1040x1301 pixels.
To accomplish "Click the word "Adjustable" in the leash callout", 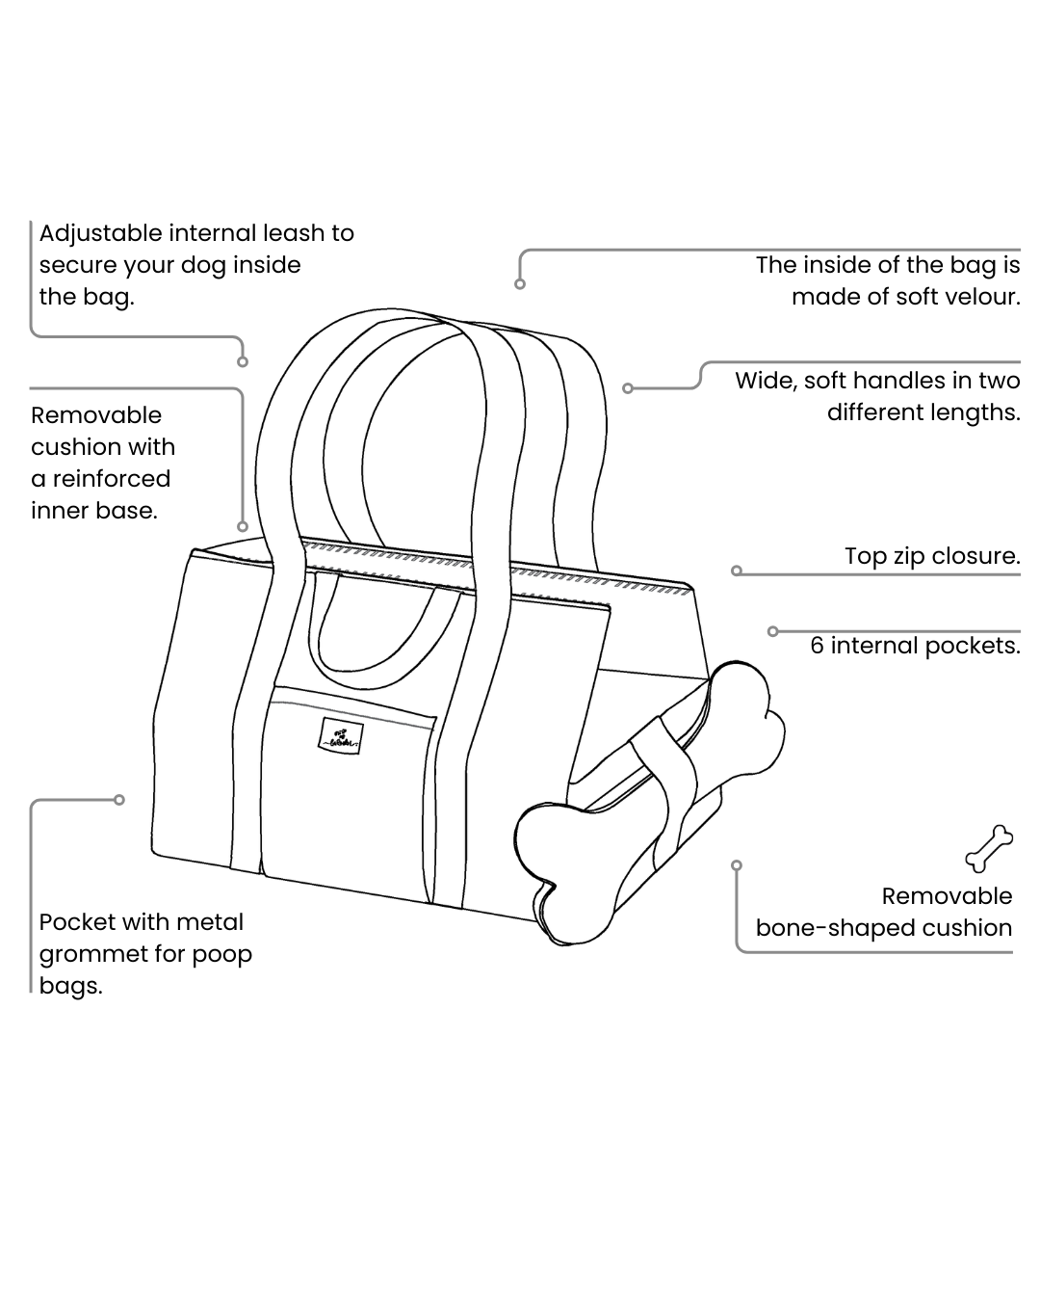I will (x=100, y=233).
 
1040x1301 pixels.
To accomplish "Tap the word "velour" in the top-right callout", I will (x=975, y=297).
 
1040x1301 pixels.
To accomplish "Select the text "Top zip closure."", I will (x=932, y=556).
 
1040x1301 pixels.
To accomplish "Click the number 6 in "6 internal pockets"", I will (x=818, y=646).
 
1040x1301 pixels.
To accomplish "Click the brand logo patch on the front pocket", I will (x=340, y=737).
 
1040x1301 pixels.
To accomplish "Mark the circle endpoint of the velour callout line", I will (x=520, y=283).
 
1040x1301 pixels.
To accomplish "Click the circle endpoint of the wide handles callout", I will (x=628, y=388).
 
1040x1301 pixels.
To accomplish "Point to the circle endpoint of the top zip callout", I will (x=737, y=571).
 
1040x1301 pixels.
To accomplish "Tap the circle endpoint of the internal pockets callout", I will (x=772, y=631).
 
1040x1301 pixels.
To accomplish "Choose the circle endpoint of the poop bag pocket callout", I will (x=119, y=799).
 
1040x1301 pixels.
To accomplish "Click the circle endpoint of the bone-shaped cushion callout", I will (x=737, y=864).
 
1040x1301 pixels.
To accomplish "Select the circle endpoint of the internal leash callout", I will (x=243, y=361).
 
